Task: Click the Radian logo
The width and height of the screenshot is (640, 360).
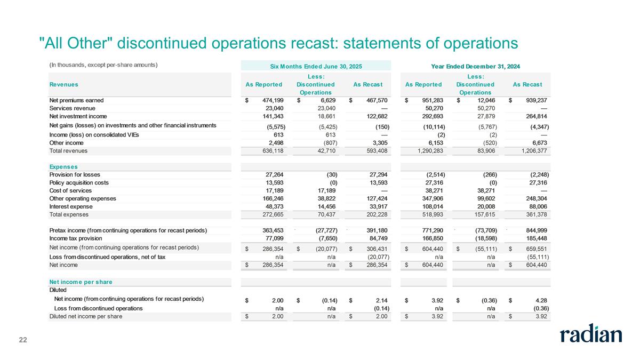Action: pyautogui.click(x=590, y=334)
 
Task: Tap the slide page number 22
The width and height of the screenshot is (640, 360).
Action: pyautogui.click(x=23, y=340)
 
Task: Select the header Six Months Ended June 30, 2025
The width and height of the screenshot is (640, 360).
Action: pyautogui.click(x=316, y=66)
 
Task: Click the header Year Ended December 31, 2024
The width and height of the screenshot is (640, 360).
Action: pyautogui.click(x=475, y=66)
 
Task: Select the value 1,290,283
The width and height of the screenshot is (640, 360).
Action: pyautogui.click(x=425, y=151)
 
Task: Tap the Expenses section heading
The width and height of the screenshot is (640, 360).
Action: pyautogui.click(x=63, y=167)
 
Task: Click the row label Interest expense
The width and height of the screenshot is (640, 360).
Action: pyautogui.click(x=71, y=206)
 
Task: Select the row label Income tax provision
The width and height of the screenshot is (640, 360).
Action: pyautogui.click(x=77, y=238)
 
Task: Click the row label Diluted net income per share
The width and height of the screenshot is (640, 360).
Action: pyautogui.click(x=85, y=317)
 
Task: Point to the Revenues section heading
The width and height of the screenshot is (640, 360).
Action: pyautogui.click(x=63, y=84)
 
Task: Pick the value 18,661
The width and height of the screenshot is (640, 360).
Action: pyautogui.click(x=323, y=116)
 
